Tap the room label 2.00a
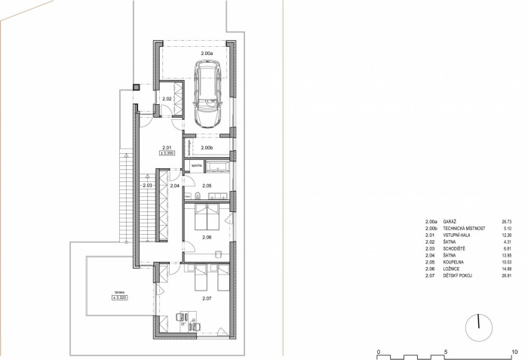tap(206, 54)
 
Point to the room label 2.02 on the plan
tap(167, 98)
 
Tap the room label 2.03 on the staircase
tap(148, 185)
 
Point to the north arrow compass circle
tap(479, 326)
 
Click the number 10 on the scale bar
tap(514, 351)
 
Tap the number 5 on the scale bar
tap(446, 351)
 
